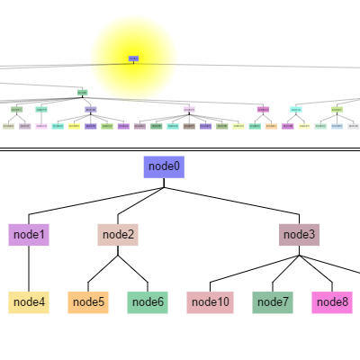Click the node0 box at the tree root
tap(164, 166)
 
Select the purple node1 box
tap(29, 235)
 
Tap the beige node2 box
tap(118, 235)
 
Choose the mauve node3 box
tap(299, 235)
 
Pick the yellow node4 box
tap(29, 302)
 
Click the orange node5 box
tap(88, 302)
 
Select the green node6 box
tap(148, 302)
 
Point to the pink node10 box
tap(211, 302)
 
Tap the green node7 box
tap(273, 302)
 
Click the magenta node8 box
tap(332, 302)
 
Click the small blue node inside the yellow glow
tap(133, 58)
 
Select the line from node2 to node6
tap(132, 274)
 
